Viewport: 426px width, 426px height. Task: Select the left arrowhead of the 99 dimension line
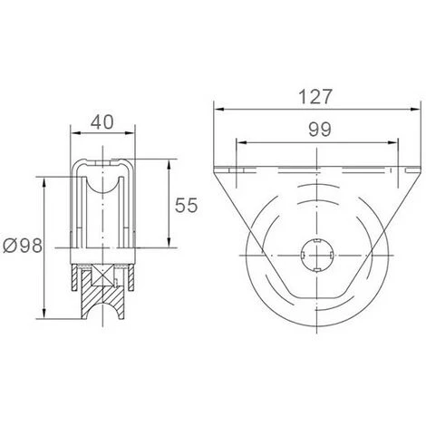point(237,141)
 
